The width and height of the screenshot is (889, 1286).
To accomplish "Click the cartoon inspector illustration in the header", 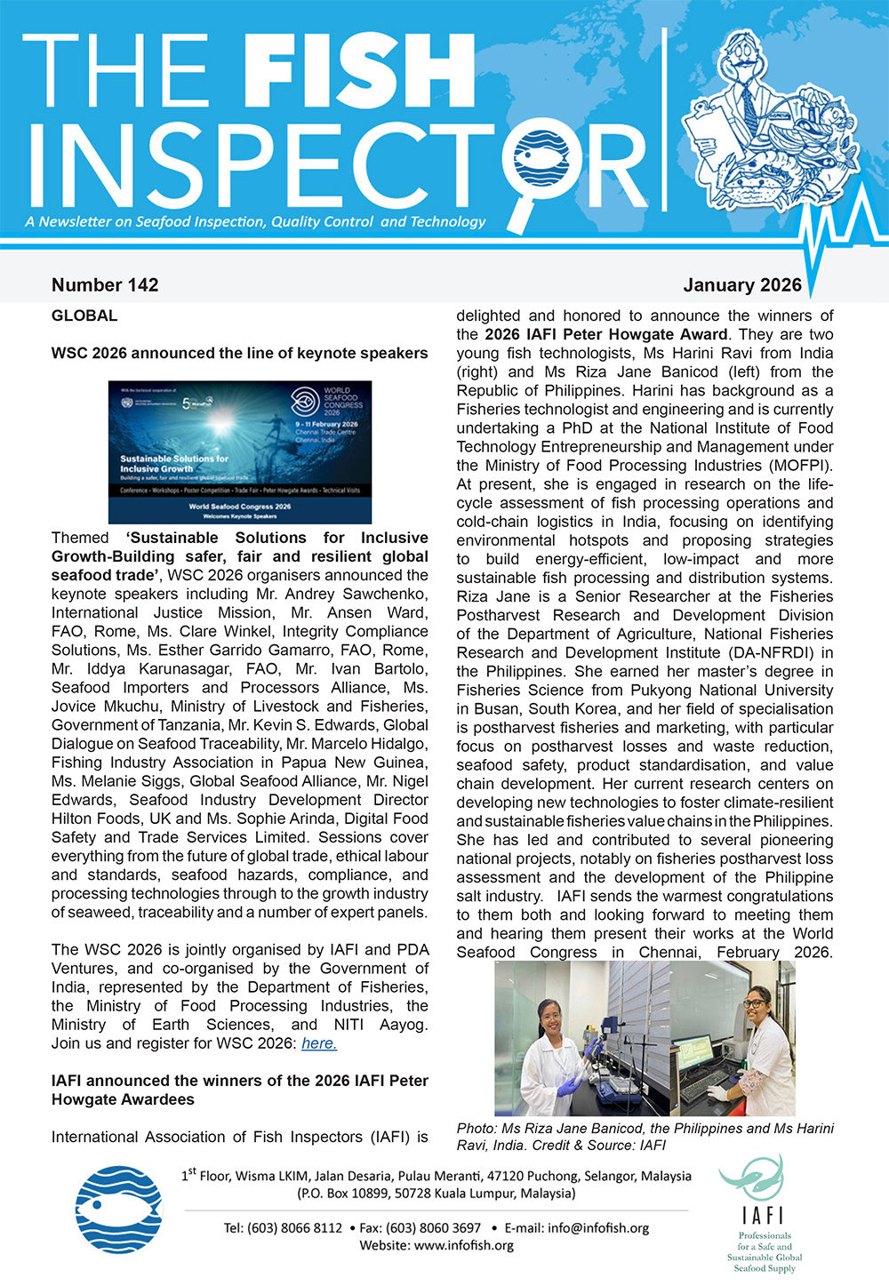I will (x=760, y=116).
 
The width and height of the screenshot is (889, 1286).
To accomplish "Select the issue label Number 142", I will (x=105, y=285).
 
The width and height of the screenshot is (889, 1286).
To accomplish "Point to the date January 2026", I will (x=742, y=285).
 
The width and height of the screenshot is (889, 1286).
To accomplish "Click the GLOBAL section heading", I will (x=84, y=316).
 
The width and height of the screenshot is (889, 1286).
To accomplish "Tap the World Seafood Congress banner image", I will (x=240, y=452).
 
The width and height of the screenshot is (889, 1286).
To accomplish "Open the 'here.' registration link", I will (x=319, y=1043).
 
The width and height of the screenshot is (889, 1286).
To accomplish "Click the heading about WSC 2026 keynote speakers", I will (x=240, y=353).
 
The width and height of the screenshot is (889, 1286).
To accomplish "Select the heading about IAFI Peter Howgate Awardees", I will (x=240, y=1090).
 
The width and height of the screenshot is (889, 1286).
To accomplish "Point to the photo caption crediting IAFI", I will (x=645, y=1137).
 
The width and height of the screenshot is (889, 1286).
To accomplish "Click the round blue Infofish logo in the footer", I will (x=119, y=1210).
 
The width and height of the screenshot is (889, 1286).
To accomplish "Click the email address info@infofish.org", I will (x=598, y=1228).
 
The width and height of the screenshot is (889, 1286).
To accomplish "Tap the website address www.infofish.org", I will (x=463, y=1245).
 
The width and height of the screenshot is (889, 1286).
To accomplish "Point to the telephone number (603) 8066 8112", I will (x=294, y=1228).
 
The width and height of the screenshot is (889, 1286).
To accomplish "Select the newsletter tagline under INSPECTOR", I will (x=256, y=222).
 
